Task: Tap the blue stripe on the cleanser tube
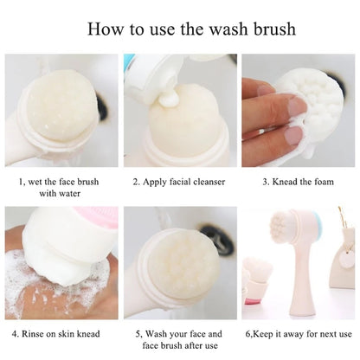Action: [x=130, y=62]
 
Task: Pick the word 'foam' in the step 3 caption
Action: [x=326, y=183]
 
